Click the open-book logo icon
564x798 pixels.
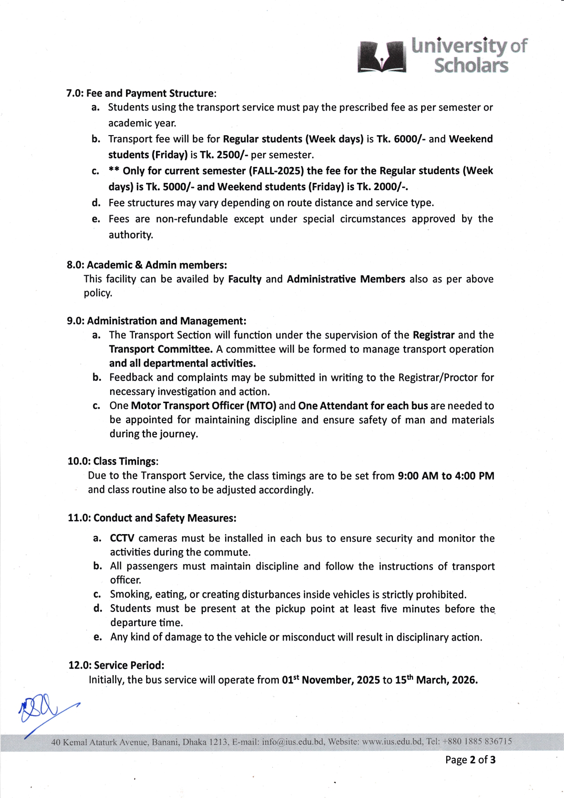[x=382, y=57]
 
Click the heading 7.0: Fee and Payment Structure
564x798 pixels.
[x=141, y=93]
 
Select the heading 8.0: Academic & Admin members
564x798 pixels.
[x=147, y=265]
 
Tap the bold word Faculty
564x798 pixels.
[x=245, y=279]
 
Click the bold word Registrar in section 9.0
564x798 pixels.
[x=433, y=335]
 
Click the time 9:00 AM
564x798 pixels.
[x=418, y=476]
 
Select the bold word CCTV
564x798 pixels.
[x=122, y=538]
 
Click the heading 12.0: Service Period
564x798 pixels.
[x=116, y=666]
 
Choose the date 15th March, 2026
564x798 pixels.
[x=436, y=680]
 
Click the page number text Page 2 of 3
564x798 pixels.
[x=470, y=760]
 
